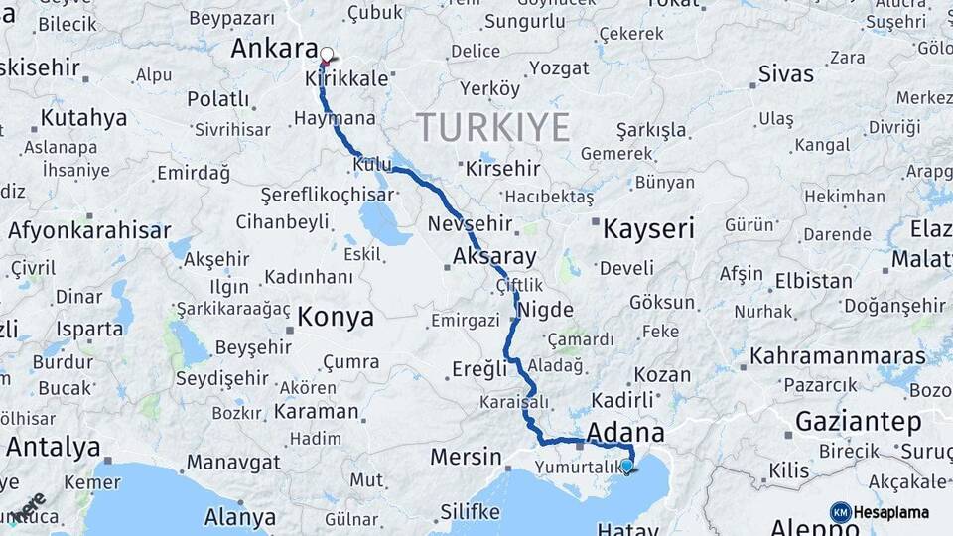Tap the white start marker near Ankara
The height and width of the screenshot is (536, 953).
[327, 55]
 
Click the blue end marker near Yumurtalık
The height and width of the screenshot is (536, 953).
[626, 466]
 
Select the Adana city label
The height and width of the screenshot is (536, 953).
[625, 433]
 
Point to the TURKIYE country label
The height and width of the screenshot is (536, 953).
[492, 127]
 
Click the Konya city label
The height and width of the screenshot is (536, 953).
[336, 318]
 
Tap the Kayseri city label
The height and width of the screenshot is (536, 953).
[648, 230]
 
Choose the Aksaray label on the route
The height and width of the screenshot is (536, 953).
[493, 257]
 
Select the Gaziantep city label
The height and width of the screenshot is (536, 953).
[858, 422]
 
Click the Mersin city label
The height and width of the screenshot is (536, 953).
[466, 458]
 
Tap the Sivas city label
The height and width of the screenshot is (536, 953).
[785, 73]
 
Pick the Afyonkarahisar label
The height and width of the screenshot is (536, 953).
[89, 231]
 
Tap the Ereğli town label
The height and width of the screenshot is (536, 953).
[479, 369]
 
